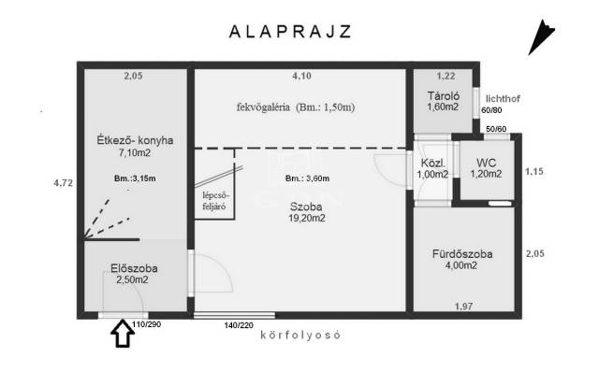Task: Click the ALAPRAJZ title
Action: (290, 31)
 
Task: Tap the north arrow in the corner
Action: (541, 37)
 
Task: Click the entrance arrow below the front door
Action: (123, 334)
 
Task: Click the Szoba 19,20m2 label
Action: (307, 212)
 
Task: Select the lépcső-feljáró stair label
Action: (215, 201)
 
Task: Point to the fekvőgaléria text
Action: (263, 107)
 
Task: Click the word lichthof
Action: (503, 98)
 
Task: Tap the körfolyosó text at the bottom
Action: (300, 335)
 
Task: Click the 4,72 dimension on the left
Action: (63, 183)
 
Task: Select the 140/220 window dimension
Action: (239, 325)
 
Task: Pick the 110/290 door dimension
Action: (146, 324)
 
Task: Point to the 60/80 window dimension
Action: (491, 110)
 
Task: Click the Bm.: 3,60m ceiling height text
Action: (308, 178)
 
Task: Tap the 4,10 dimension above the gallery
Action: (301, 76)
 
